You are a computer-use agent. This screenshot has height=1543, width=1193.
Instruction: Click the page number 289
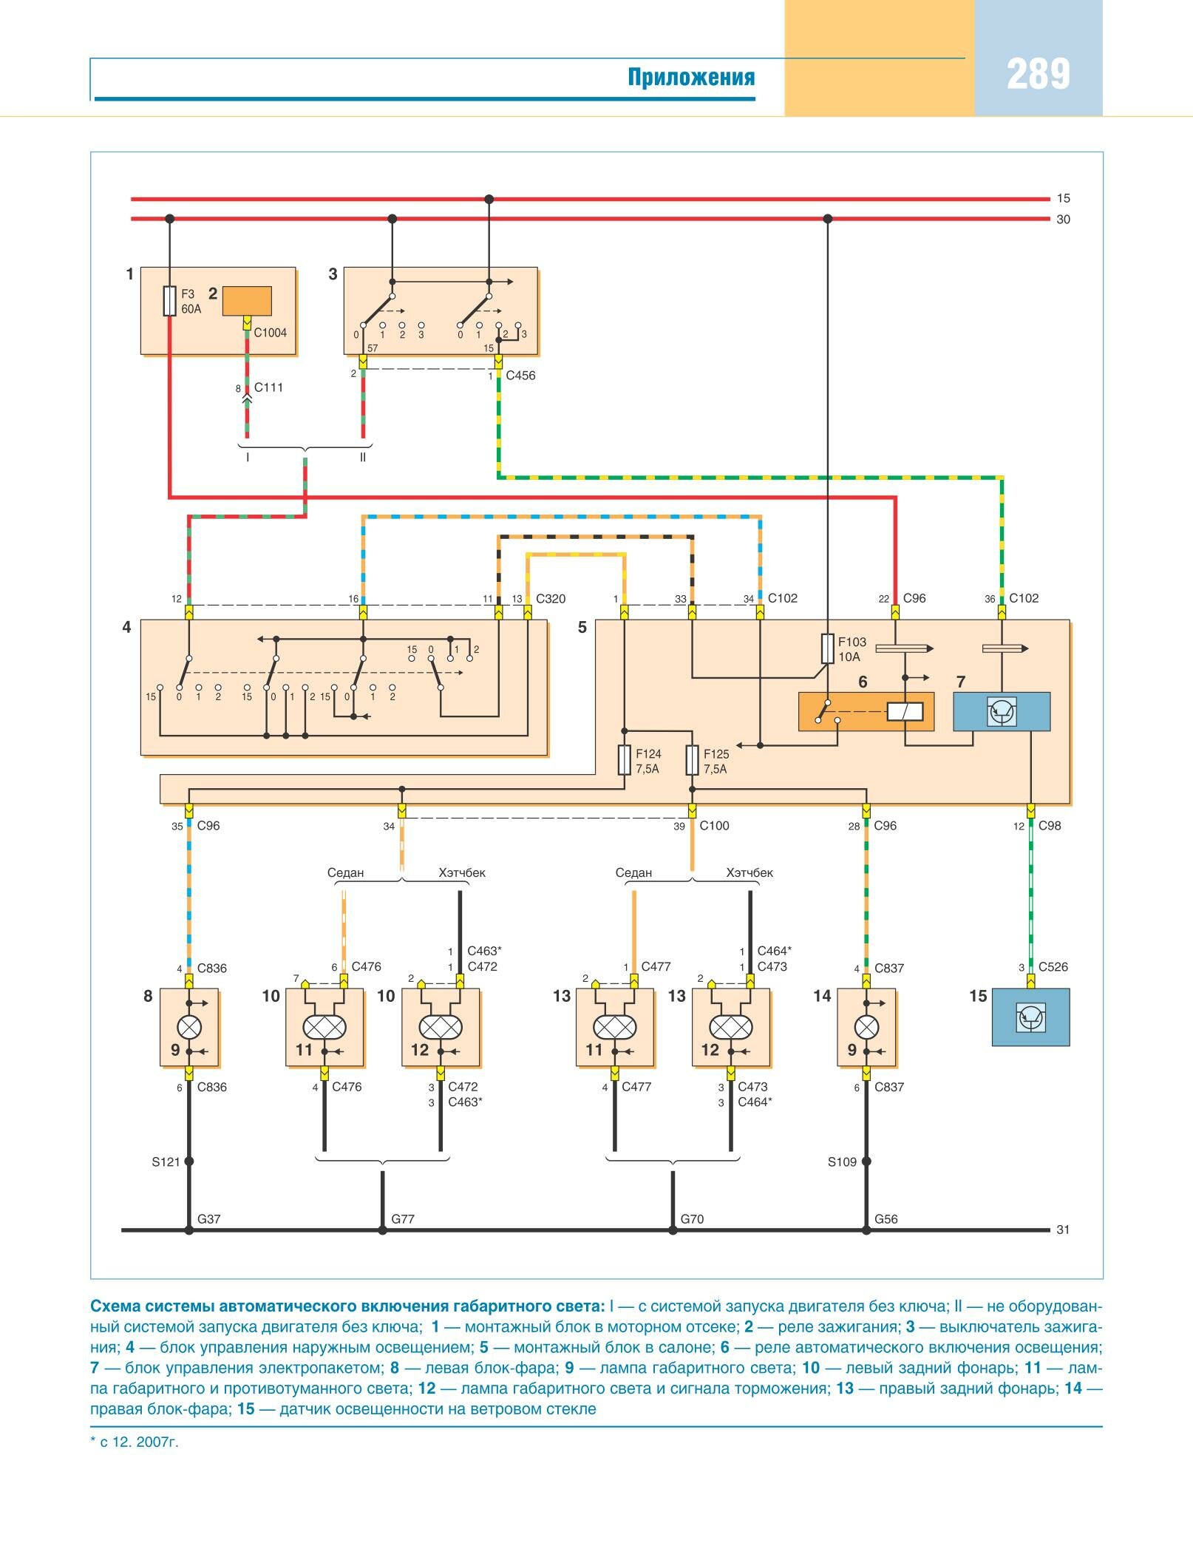click(x=1038, y=75)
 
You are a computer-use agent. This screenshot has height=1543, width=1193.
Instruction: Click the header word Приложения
click(x=691, y=77)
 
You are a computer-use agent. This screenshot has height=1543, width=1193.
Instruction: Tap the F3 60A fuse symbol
click(x=170, y=301)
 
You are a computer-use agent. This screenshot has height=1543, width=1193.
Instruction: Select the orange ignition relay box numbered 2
click(x=248, y=301)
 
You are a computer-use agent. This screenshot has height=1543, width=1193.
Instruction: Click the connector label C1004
click(x=270, y=333)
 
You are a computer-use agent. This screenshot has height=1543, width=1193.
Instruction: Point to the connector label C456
click(x=520, y=376)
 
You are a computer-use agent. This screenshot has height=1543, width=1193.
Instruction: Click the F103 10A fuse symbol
click(x=828, y=648)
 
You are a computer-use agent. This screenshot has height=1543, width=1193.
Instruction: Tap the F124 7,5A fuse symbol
click(x=625, y=760)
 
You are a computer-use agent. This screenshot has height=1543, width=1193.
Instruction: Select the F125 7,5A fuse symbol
click(x=693, y=760)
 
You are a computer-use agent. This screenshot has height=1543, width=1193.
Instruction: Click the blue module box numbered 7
click(x=1002, y=711)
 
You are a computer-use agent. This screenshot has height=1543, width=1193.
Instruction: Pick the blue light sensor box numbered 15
click(x=1030, y=1017)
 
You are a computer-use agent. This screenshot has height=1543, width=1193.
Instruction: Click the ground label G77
click(x=403, y=1219)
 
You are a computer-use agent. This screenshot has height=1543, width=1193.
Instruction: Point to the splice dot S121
click(x=188, y=1162)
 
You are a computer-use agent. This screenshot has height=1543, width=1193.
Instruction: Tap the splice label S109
click(x=842, y=1162)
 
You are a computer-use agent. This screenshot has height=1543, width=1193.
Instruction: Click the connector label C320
click(x=551, y=599)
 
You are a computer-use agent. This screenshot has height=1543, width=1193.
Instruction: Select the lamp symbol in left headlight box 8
click(x=188, y=1027)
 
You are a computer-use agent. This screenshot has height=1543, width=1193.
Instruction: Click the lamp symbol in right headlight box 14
click(x=866, y=1027)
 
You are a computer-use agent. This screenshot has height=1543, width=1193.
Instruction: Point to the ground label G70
click(x=692, y=1219)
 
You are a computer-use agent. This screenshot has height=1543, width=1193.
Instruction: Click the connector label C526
click(x=1053, y=967)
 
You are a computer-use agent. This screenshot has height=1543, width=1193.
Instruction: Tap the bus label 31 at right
click(x=1063, y=1230)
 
